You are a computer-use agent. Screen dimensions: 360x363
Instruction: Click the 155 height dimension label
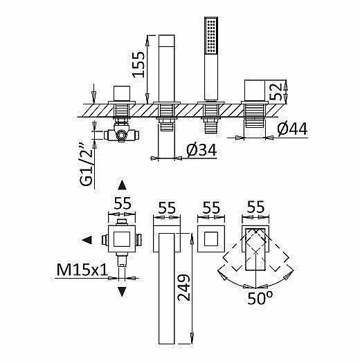pyautogui.click(x=138, y=64)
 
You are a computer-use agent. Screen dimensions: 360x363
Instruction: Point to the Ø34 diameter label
pyautogui.click(x=201, y=150)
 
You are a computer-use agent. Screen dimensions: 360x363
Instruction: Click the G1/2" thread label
pyautogui.click(x=87, y=165)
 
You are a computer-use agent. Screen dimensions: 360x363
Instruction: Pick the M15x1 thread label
pyautogui.click(x=82, y=269)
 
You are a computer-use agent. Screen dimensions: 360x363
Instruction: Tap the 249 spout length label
pyautogui.click(x=183, y=288)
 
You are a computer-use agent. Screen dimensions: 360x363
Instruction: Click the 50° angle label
pyautogui.click(x=260, y=298)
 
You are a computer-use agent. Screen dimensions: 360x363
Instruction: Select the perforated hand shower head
pyautogui.click(x=211, y=36)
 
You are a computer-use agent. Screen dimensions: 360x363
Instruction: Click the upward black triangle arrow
pyautogui.click(x=122, y=185)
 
